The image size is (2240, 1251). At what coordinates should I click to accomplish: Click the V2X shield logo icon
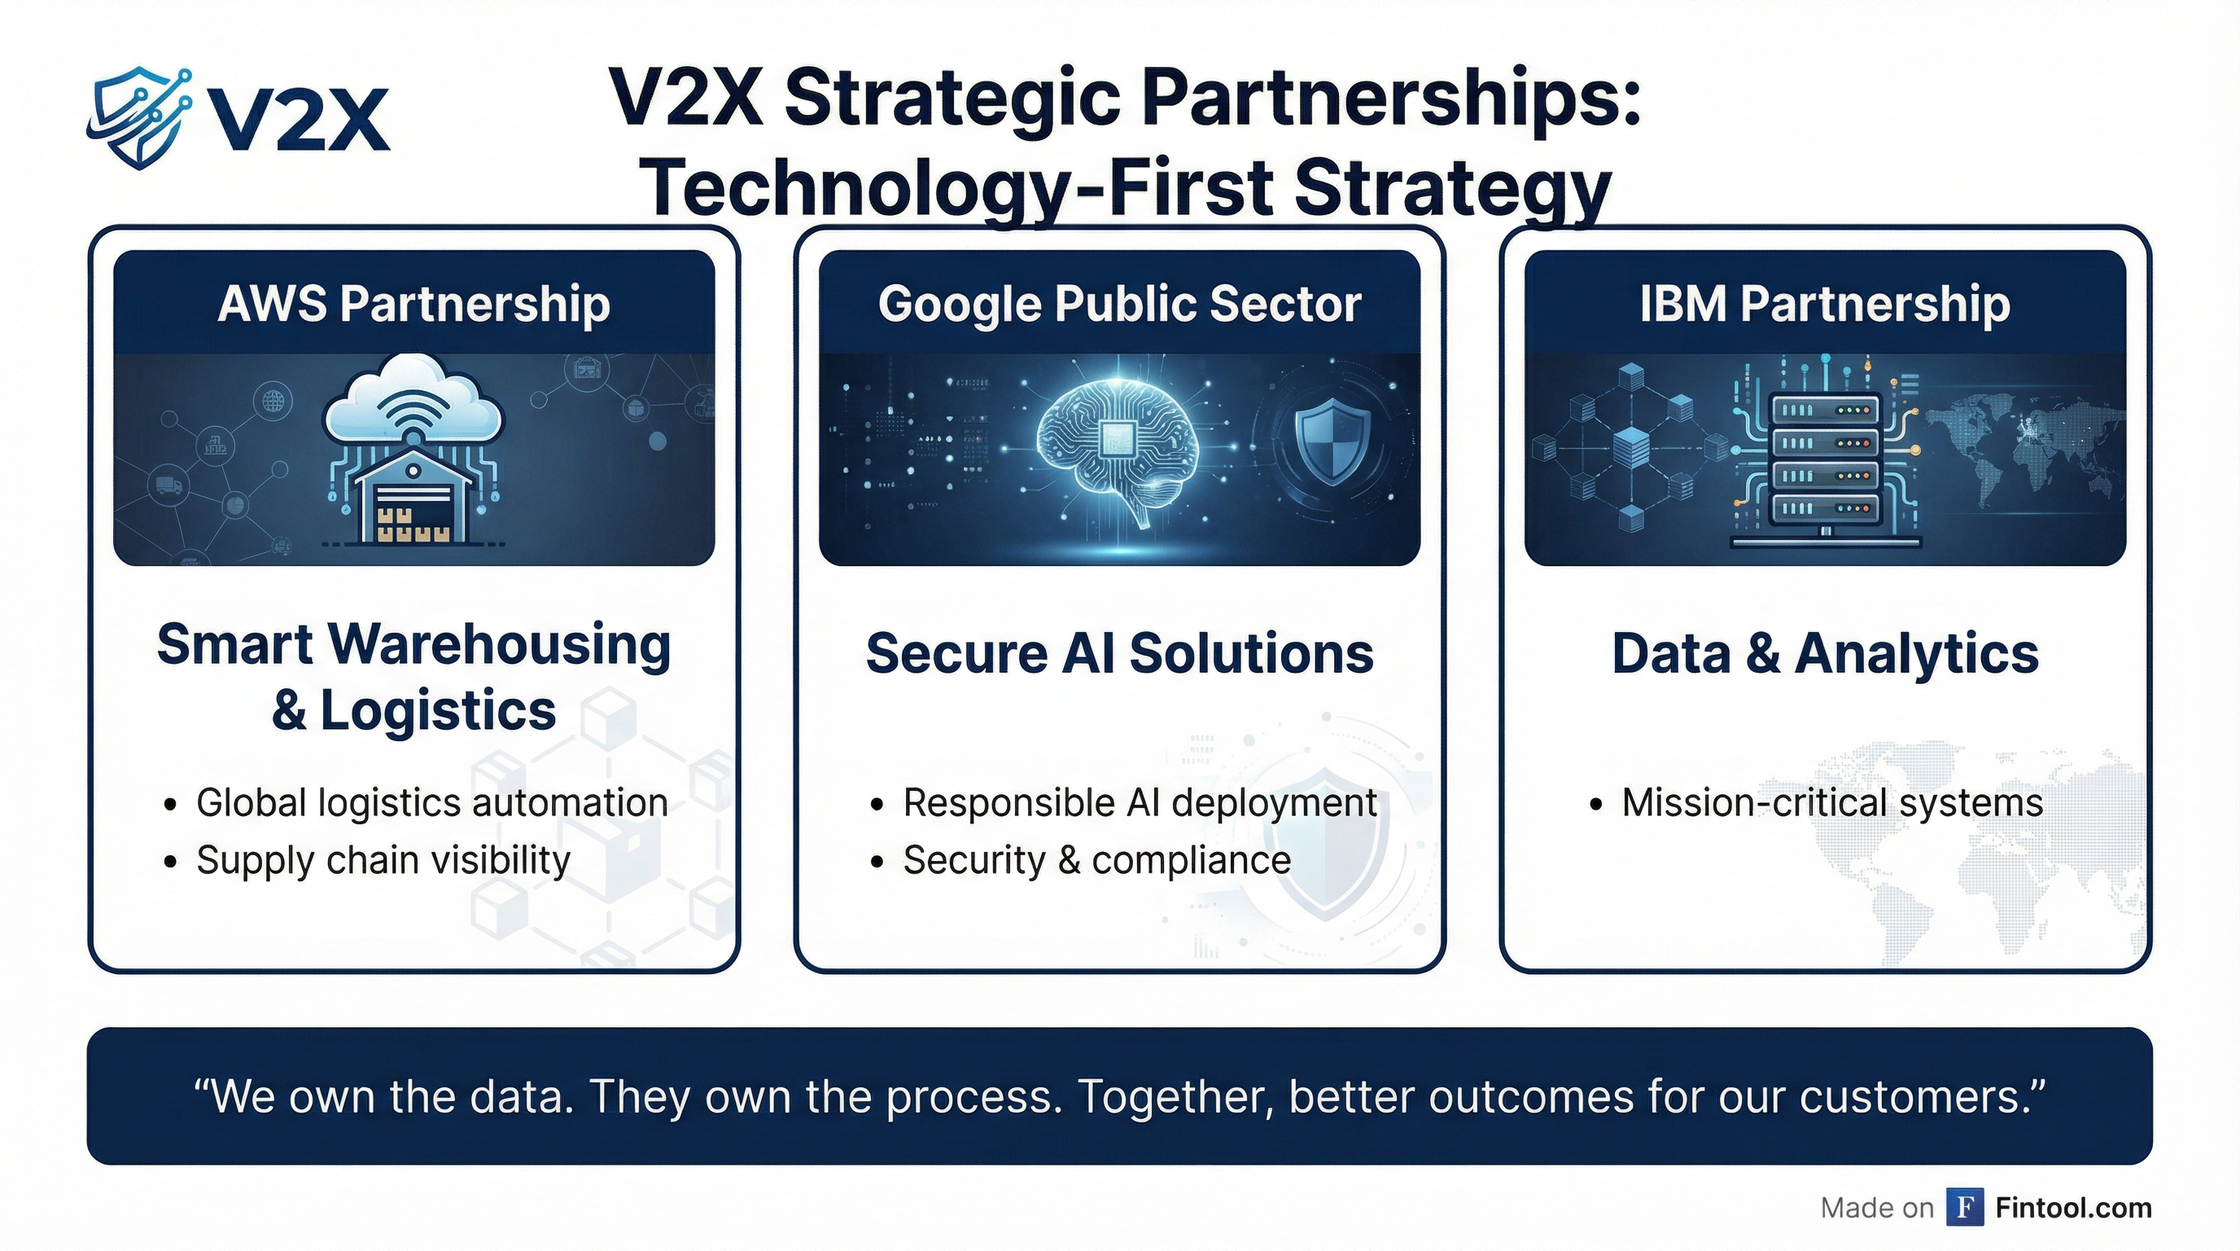pyautogui.click(x=139, y=117)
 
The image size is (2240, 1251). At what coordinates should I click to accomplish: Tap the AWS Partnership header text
pyautogui.click(x=414, y=305)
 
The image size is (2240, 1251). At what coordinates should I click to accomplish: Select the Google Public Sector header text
pyautogui.click(x=1119, y=305)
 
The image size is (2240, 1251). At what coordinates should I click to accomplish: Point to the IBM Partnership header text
pyautogui.click(x=1824, y=305)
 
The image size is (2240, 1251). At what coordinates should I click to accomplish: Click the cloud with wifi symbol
pyautogui.click(x=413, y=405)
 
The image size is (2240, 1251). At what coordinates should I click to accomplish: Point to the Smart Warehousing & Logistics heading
pyautogui.click(x=414, y=677)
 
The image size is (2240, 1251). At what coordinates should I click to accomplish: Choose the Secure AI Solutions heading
pyautogui.click(x=1119, y=653)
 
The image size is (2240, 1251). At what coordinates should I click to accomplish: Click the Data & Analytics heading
pyautogui.click(x=1824, y=653)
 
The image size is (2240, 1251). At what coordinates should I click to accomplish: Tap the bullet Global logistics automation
pyautogui.click(x=431, y=802)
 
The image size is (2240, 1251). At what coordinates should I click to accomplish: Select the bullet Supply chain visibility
pyautogui.click(x=383, y=860)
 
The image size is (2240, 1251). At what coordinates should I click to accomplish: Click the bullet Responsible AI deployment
pyautogui.click(x=1140, y=802)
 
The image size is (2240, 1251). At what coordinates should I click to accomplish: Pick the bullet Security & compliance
pyautogui.click(x=1096, y=860)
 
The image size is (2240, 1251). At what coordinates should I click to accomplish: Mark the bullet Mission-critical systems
pyautogui.click(x=1831, y=802)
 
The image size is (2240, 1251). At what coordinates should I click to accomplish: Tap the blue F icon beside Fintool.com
pyautogui.click(x=1964, y=1208)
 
